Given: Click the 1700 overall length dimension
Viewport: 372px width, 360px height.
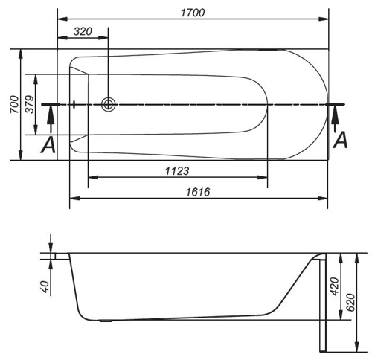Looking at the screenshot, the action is click(x=193, y=13).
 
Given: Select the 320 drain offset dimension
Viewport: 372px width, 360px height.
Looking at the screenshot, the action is click(x=83, y=31).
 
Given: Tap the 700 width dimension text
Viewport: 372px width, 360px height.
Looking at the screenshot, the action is click(x=15, y=104).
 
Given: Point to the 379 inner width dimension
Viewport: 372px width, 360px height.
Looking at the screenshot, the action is click(x=30, y=104).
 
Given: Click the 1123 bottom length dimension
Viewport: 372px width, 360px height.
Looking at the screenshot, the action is click(x=177, y=171).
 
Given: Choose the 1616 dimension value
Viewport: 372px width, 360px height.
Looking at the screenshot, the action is click(x=198, y=192).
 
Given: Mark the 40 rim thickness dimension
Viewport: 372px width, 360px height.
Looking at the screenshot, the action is click(x=45, y=287).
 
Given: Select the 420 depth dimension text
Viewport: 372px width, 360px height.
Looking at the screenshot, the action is click(x=335, y=286).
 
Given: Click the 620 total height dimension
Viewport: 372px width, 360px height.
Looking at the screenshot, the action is click(x=350, y=303).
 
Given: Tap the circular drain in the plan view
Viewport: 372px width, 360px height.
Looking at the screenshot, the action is click(x=109, y=104).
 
